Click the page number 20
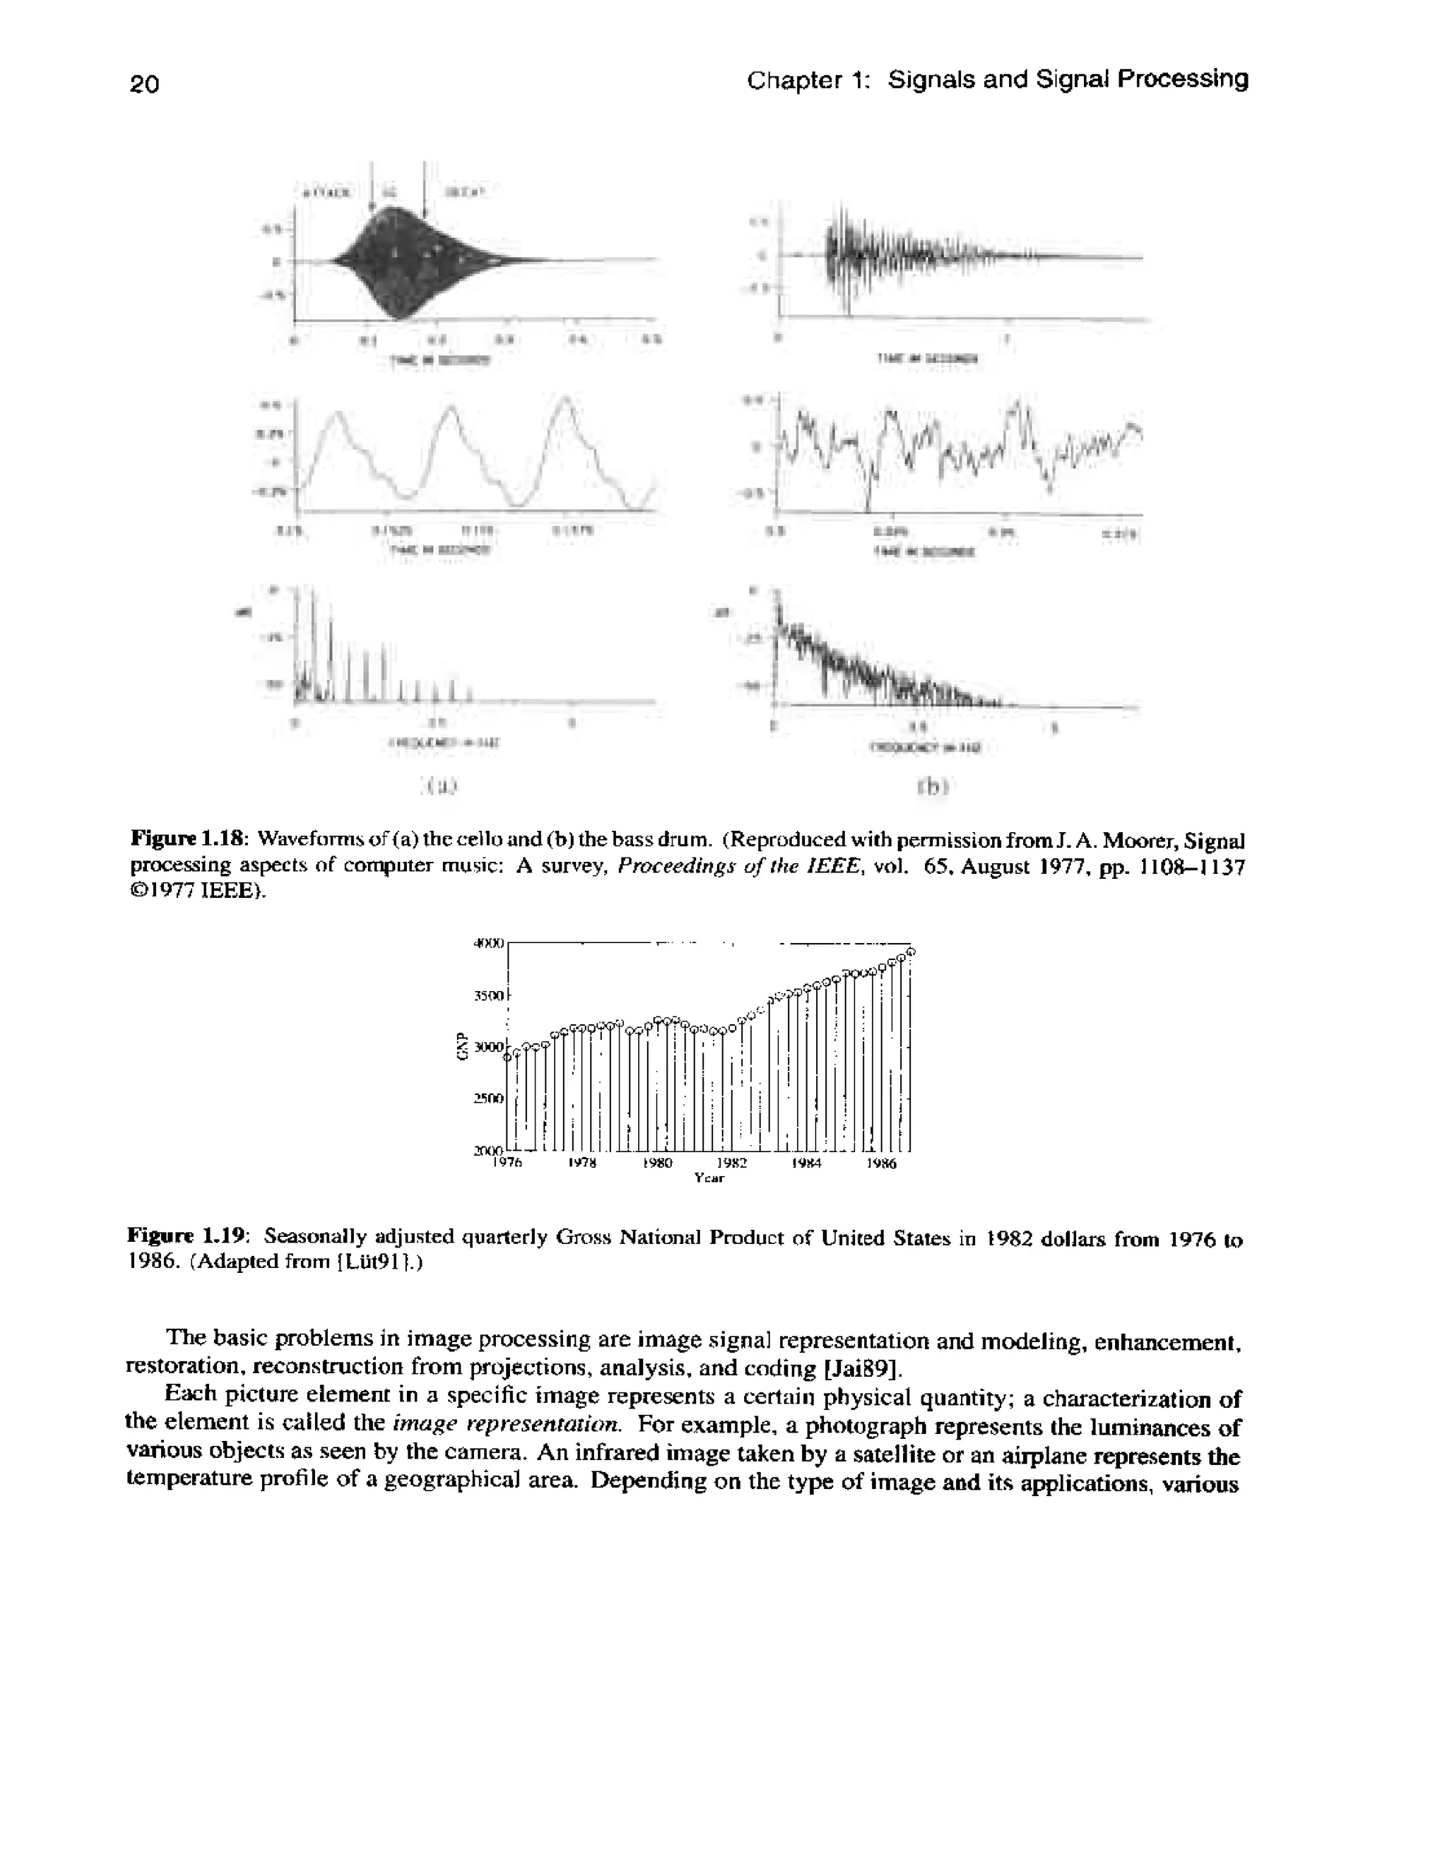(x=145, y=84)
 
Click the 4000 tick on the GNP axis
(x=490, y=943)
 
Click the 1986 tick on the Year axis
(x=881, y=1163)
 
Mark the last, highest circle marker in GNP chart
(x=911, y=952)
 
